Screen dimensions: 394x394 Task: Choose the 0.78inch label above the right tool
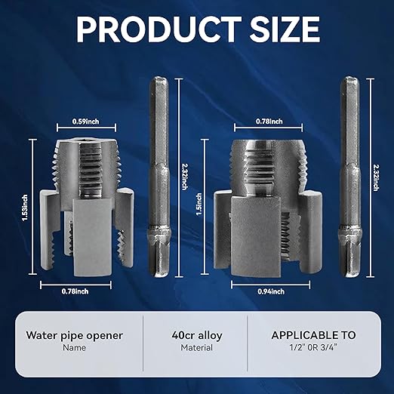(269, 121)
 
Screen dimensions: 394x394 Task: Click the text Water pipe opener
(74, 335)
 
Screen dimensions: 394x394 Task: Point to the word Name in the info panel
(74, 348)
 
